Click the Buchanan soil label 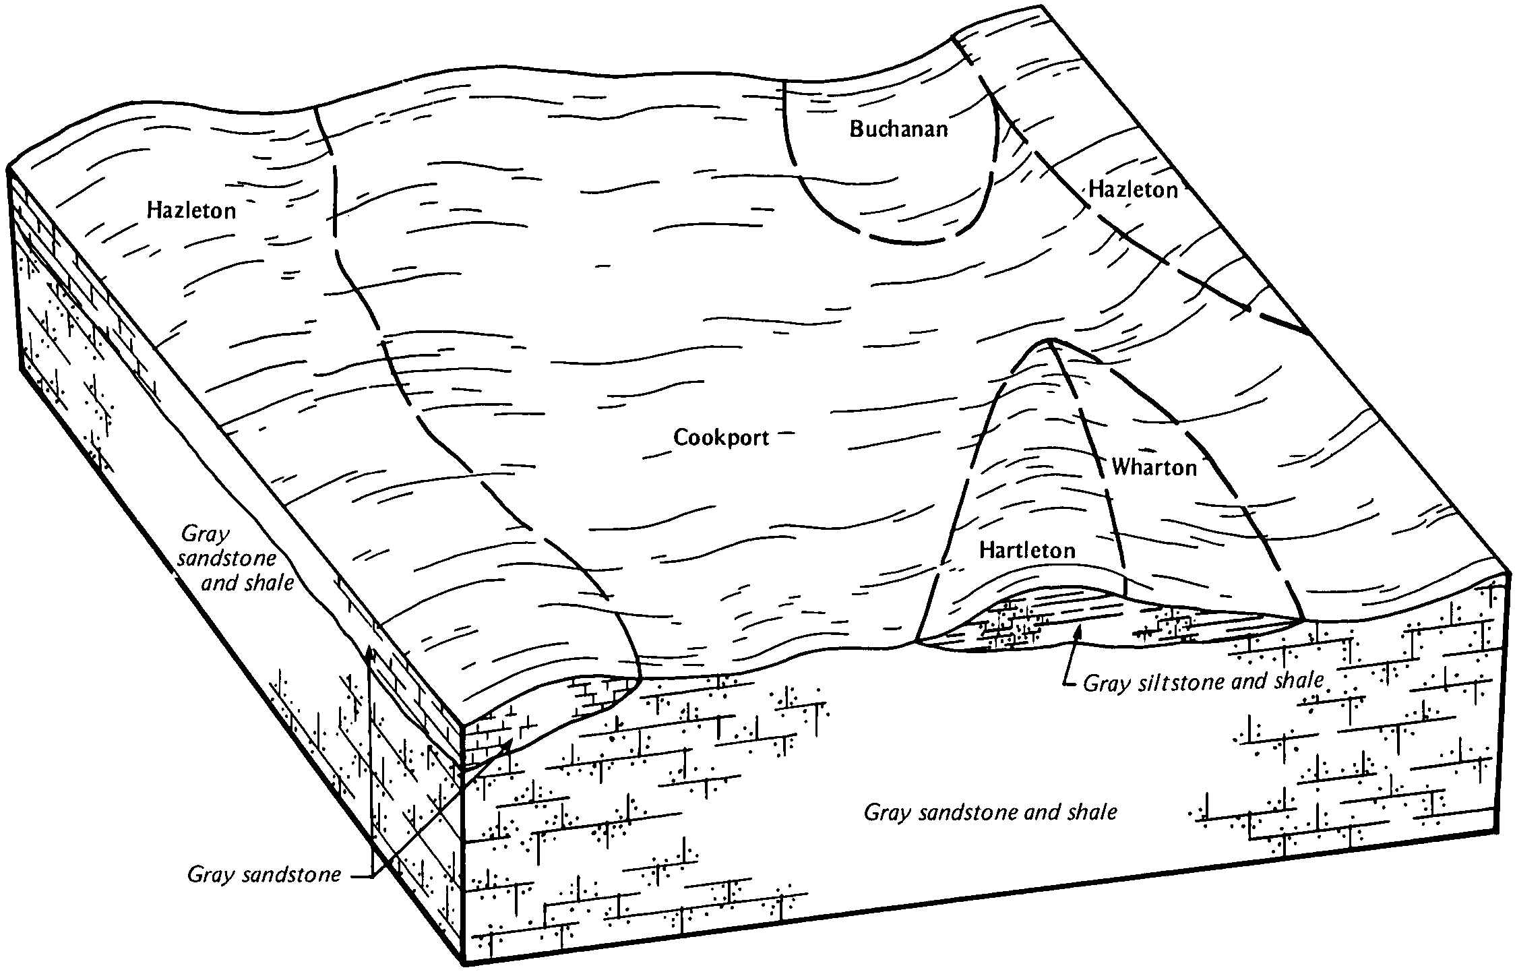click(x=898, y=129)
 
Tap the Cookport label click(x=721, y=438)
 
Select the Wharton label click(x=1154, y=467)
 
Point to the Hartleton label click(x=1027, y=551)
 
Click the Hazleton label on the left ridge click(x=192, y=212)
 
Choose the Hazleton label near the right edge click(x=1133, y=190)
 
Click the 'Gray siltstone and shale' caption click(x=1203, y=683)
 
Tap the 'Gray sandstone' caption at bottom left click(x=264, y=875)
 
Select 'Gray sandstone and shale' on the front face click(x=989, y=812)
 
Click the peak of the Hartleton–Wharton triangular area click(x=1049, y=340)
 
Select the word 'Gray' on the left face click(x=206, y=535)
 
